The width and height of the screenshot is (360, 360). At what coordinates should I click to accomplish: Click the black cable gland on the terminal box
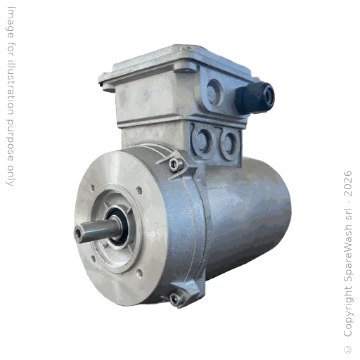(x=254, y=96)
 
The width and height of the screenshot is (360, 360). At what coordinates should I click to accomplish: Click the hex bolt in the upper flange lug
(x=177, y=165)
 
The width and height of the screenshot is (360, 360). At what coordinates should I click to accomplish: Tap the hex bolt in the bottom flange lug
(x=175, y=298)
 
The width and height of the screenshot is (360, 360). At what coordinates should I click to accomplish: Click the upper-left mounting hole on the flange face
(x=94, y=186)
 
